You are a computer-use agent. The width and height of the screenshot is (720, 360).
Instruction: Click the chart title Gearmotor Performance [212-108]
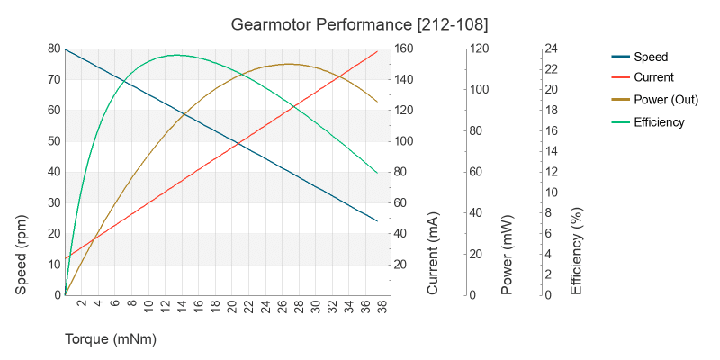[359, 23]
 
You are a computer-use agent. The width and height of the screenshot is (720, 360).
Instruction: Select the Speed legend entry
[651, 57]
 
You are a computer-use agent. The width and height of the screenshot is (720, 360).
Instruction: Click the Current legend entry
[653, 78]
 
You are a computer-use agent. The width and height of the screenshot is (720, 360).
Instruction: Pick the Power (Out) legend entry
[666, 100]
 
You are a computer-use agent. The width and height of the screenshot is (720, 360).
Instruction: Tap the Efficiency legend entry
[659, 121]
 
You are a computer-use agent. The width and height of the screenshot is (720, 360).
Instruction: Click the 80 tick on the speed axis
[53, 49]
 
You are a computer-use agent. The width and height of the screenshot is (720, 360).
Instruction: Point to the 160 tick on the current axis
[408, 49]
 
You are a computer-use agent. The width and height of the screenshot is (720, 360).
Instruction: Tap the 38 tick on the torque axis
[382, 306]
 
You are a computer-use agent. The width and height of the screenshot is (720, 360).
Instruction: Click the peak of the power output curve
[289, 64]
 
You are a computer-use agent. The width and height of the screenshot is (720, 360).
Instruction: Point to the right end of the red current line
[377, 51]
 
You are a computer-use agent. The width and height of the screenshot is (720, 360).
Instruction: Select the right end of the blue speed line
[377, 220]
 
